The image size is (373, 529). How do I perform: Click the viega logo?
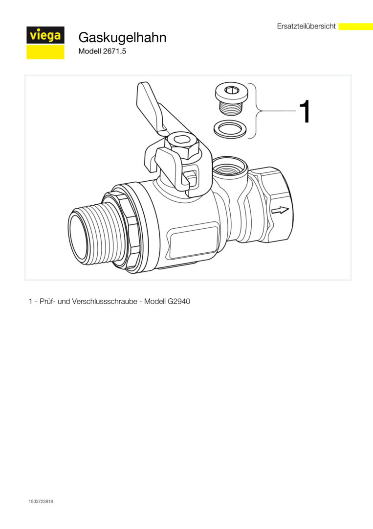point(45,43)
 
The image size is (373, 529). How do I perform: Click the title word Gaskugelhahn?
point(122,37)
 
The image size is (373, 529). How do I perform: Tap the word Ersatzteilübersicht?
point(306,26)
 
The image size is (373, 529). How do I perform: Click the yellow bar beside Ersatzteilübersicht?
point(355,26)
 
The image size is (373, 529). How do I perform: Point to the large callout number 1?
point(305,111)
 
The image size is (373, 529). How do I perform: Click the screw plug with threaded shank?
point(232,99)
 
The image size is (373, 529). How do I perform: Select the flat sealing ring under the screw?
point(230,129)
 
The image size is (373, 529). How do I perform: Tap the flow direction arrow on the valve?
point(280,211)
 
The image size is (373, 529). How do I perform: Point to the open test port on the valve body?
point(230,168)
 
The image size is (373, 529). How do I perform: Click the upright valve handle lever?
point(152,107)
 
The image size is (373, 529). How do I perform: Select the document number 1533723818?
point(41,502)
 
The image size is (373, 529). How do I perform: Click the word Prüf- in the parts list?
point(47,301)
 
